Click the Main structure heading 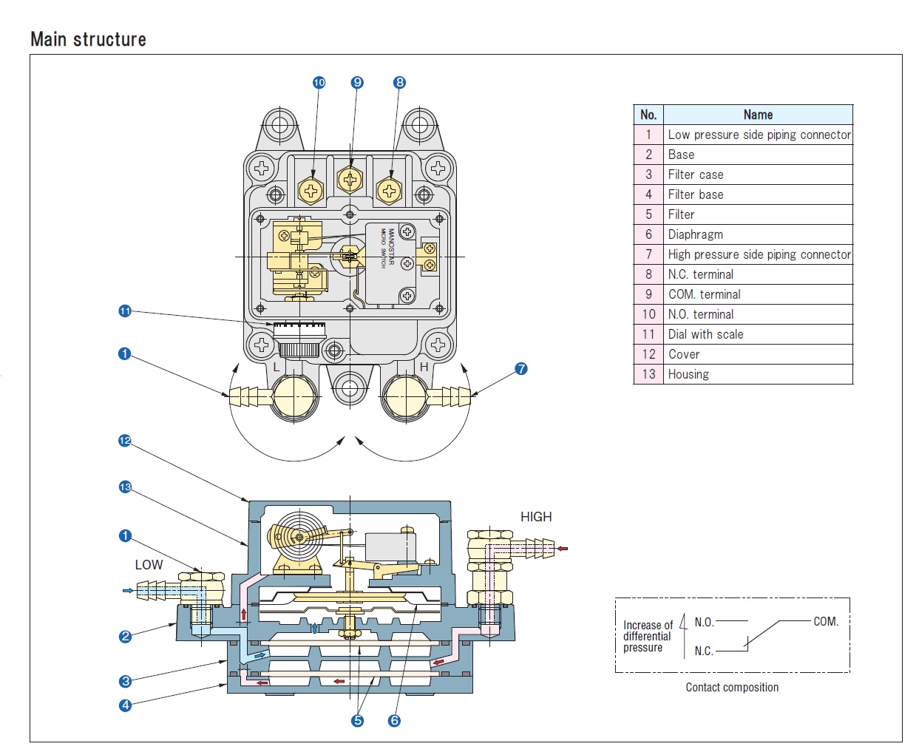88,39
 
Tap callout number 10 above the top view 319,82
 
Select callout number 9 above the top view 358,82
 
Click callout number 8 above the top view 400,82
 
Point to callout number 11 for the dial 125,311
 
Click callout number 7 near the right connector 521,368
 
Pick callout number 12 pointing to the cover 125,441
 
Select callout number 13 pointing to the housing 125,487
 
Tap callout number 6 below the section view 394,720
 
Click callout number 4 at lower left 125,705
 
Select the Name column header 758,115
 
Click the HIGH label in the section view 536,517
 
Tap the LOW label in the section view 149,565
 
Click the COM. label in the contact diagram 826,622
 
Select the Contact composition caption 732,688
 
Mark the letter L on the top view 277,367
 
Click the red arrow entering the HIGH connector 563,549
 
